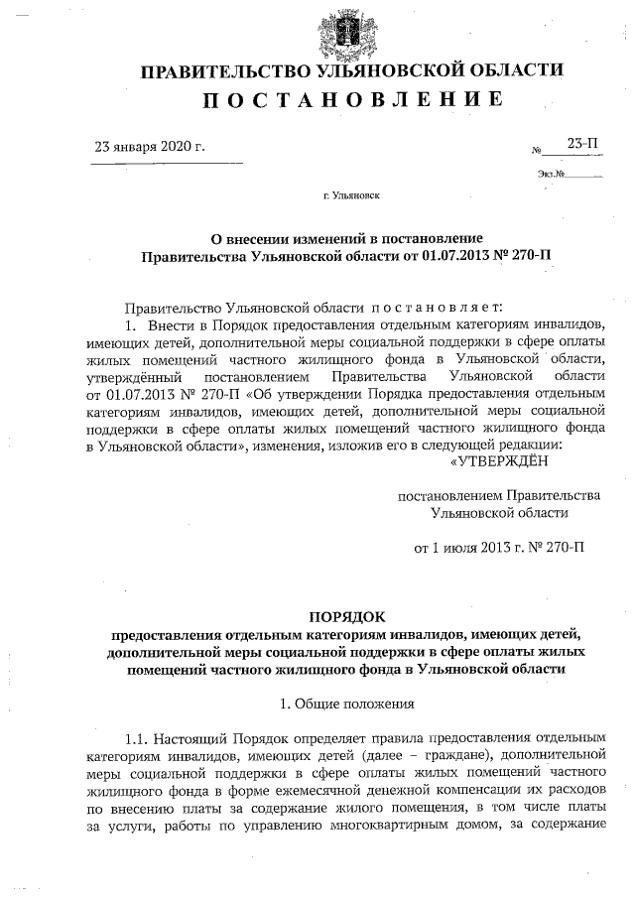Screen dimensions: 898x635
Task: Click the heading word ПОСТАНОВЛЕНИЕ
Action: click(x=352, y=99)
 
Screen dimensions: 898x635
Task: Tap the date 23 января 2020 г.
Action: click(x=149, y=147)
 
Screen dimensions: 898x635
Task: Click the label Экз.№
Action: click(x=552, y=175)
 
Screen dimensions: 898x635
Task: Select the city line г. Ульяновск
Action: click(x=351, y=195)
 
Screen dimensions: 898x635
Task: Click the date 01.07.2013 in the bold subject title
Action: click(x=444, y=255)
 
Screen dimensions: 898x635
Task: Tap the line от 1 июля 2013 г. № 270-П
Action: click(x=499, y=546)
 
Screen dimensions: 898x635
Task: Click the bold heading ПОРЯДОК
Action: click(x=352, y=617)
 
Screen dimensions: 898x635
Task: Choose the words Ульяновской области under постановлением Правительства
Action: click(x=499, y=512)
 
